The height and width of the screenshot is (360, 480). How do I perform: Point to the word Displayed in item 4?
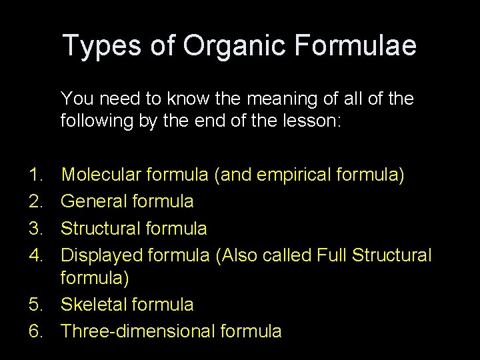101,254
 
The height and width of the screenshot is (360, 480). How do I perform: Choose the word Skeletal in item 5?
93,305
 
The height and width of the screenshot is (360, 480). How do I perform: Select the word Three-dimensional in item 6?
139,331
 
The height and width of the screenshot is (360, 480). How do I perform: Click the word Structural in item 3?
99,228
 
